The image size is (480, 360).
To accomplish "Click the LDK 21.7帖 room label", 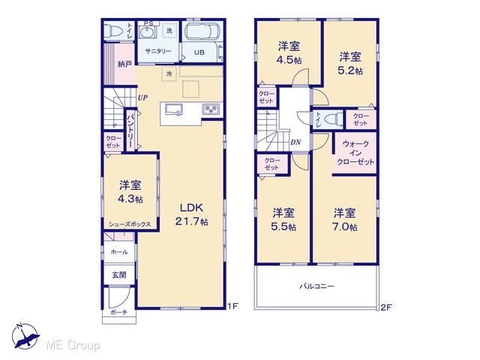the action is pos(192,214).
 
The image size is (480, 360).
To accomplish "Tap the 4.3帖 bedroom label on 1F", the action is pos(130,192).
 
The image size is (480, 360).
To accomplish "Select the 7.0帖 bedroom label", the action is pos(345,220).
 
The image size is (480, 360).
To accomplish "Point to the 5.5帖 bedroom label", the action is pos(283,220).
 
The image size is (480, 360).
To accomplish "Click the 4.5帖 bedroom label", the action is pos(289,52).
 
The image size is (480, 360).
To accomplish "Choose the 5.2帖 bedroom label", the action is pos(350,63).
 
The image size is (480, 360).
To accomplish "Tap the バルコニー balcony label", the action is pos(316,286).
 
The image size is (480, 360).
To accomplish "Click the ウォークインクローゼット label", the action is pos(355,153).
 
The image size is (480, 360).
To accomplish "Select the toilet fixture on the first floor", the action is pos(112,31).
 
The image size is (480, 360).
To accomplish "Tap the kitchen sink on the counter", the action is pos(174,109).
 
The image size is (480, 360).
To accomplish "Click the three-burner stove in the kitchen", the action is pos(211,109).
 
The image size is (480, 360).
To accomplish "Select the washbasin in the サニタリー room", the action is pos(148,32).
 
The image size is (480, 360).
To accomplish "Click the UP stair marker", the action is pos(142,98).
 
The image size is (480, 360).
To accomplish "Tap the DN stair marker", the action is pos(295,142).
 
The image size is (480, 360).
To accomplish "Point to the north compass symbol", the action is pos(25,336).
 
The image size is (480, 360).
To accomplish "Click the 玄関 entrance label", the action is pos(118,275).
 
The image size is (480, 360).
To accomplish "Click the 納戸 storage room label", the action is pos(125,64).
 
